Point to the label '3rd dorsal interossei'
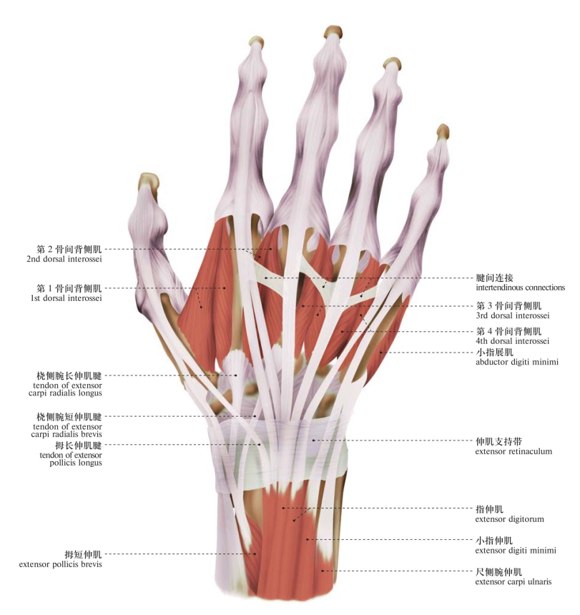click(512, 315)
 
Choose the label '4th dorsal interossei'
click(512, 342)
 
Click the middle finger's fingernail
click(333, 31)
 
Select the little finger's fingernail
click(443, 132)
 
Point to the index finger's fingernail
click(256, 42)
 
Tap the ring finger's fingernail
click(391, 63)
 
